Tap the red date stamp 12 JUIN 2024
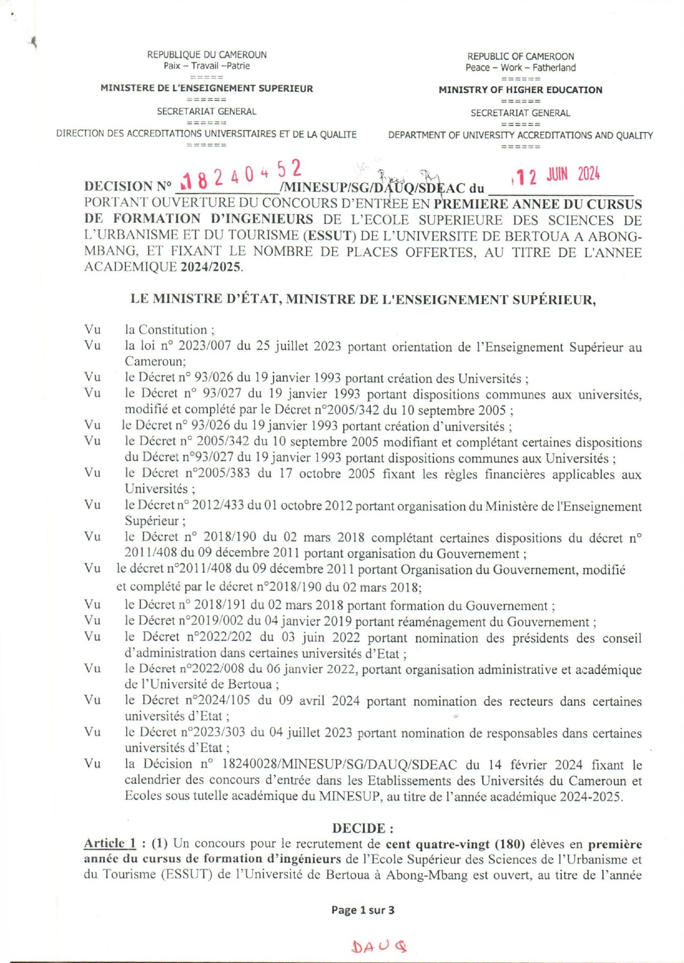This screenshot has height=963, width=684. tap(558, 176)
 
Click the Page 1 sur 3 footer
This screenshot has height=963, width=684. tap(363, 910)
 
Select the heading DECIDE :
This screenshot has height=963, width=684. tap(363, 828)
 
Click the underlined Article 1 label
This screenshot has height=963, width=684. tap(110, 844)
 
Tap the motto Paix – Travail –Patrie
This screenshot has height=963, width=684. tap(207, 66)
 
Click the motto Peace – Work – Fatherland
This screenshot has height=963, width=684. tap(520, 67)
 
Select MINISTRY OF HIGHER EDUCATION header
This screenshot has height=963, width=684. tap(520, 90)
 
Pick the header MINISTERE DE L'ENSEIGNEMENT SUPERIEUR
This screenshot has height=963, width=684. tap(207, 88)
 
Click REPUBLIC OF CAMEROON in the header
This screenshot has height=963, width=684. tap(520, 56)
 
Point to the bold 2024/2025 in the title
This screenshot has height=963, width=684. tap(211, 267)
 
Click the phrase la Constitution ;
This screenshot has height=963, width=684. tap(170, 330)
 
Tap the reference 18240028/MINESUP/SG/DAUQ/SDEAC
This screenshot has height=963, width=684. tap(339, 765)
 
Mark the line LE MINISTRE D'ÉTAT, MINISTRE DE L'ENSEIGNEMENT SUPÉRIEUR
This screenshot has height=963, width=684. tap(363, 299)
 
